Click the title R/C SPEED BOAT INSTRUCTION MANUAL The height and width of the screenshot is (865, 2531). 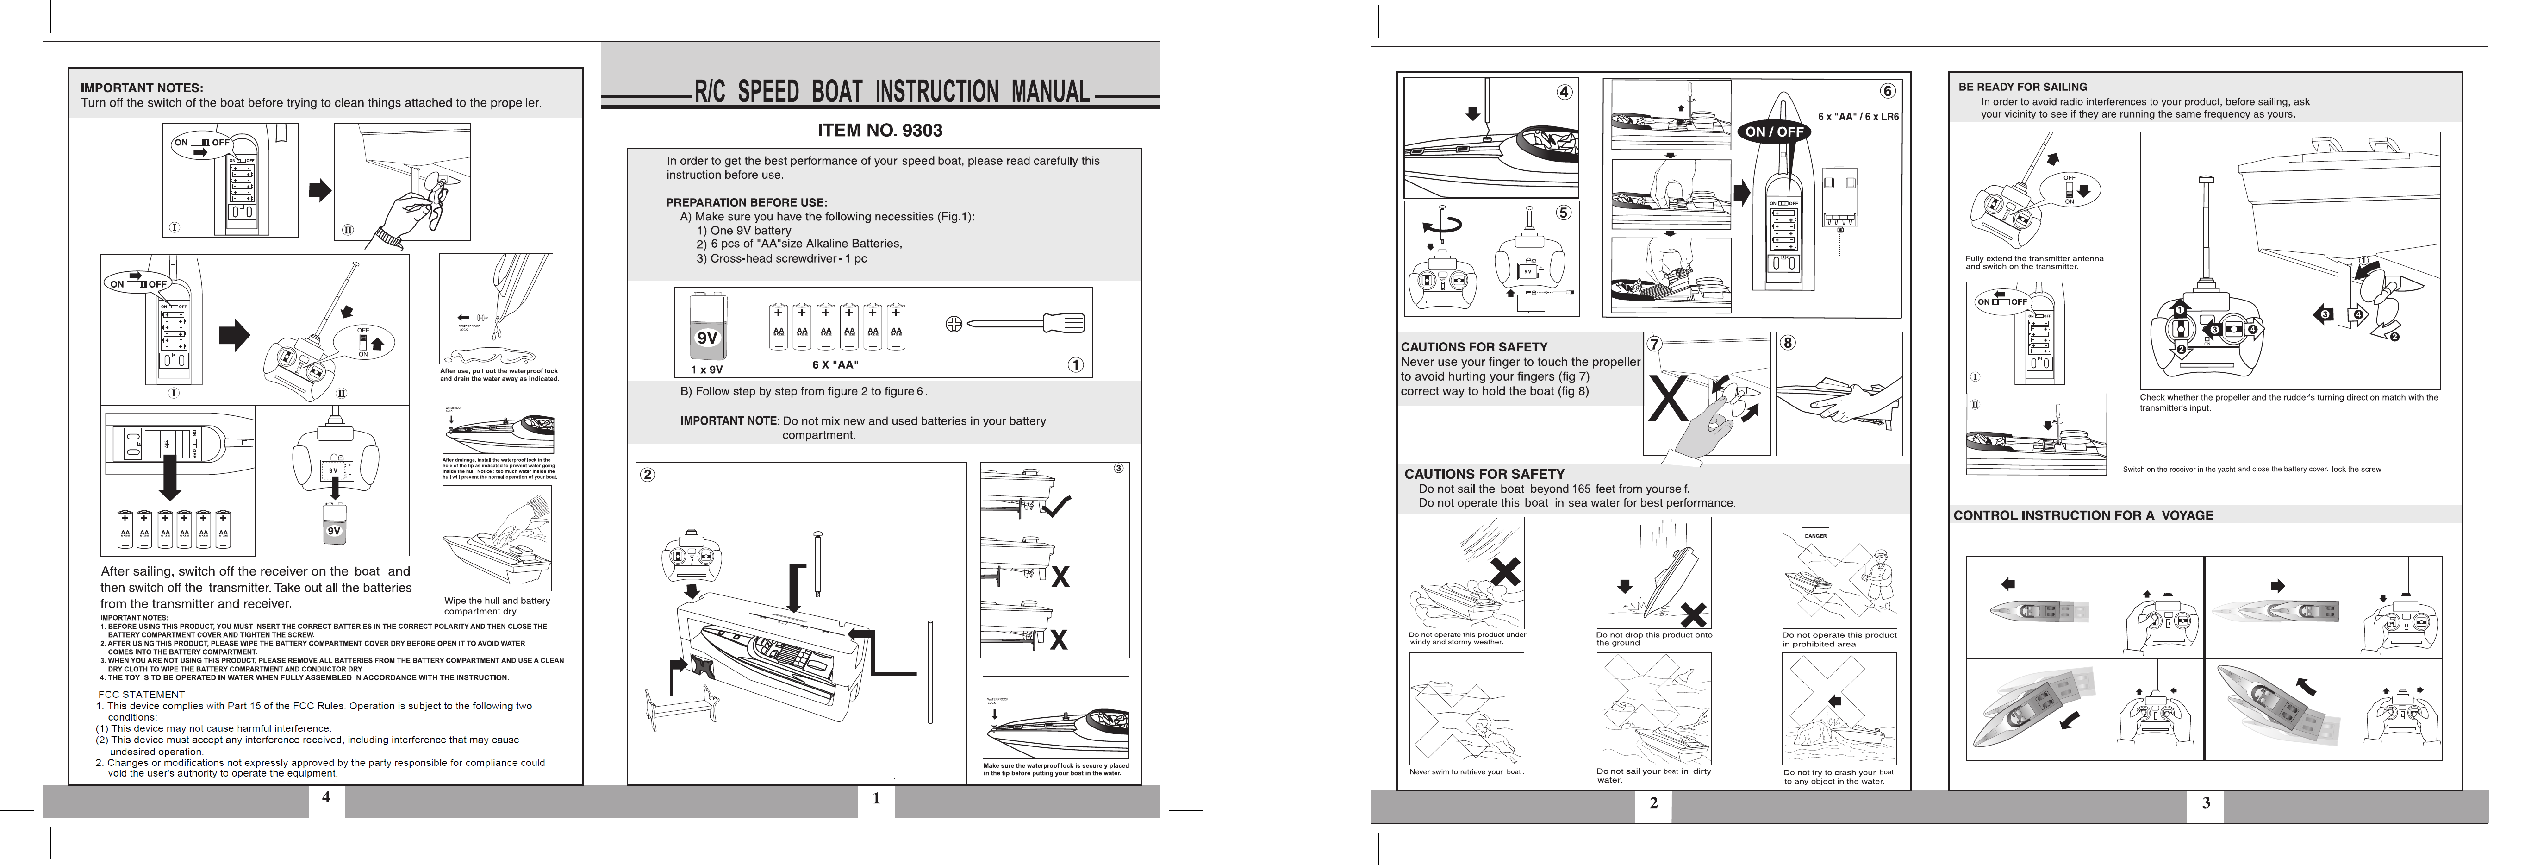[892, 93]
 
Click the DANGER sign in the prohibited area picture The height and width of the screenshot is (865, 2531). [1815, 536]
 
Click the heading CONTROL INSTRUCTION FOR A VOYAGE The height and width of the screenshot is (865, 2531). [2083, 515]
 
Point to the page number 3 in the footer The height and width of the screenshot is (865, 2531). [2206, 803]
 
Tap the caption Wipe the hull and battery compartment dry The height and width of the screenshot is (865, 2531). [497, 606]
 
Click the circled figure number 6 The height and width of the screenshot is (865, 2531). [1888, 91]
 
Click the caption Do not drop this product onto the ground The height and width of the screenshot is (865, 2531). [1655, 639]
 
